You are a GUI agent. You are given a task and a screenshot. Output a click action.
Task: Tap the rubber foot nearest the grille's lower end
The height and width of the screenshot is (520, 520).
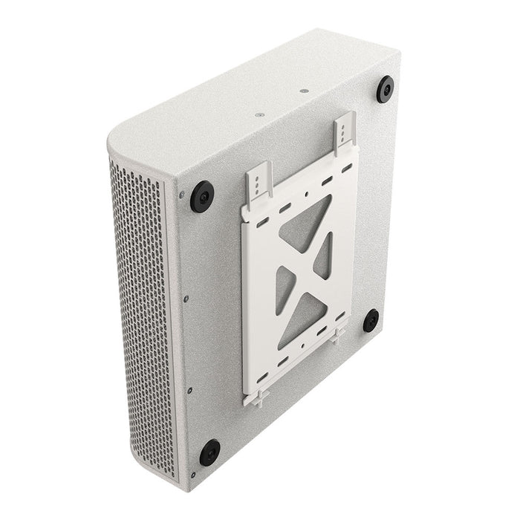(x=209, y=452)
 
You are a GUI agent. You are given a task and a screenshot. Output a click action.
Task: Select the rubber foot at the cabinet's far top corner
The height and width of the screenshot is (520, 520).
(x=386, y=90)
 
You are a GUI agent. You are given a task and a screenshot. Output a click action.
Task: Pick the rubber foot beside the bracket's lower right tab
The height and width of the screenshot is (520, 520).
(x=371, y=321)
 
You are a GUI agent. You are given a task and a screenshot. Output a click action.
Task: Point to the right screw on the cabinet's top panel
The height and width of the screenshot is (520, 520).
(x=303, y=91)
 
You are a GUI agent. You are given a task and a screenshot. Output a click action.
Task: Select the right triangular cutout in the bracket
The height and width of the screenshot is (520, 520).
(x=324, y=256)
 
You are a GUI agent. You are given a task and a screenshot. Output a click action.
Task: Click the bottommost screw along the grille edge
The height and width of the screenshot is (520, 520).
(x=193, y=474)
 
